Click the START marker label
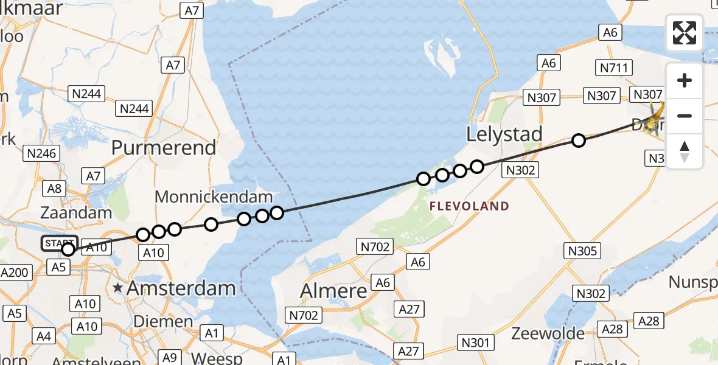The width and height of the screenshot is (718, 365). coord(59,244)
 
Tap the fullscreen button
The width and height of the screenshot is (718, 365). coord(685,33)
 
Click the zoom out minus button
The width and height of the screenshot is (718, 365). coord(685,116)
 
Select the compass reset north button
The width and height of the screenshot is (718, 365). coord(685,151)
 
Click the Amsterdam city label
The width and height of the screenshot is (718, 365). coord(181,288)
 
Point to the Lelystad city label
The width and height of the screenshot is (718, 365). coord(504,134)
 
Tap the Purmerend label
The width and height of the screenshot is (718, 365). coord(164,148)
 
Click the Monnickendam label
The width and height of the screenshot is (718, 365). coord(214,197)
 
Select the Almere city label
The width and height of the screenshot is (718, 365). coord(334,291)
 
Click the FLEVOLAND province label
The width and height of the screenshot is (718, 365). coord(469,206)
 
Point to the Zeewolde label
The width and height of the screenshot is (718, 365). coord(548,333)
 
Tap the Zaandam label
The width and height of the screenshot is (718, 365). coord(76,213)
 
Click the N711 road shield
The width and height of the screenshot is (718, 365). coord(616,68)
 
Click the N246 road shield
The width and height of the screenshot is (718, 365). coord(40,154)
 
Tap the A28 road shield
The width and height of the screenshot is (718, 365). coord(648,321)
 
